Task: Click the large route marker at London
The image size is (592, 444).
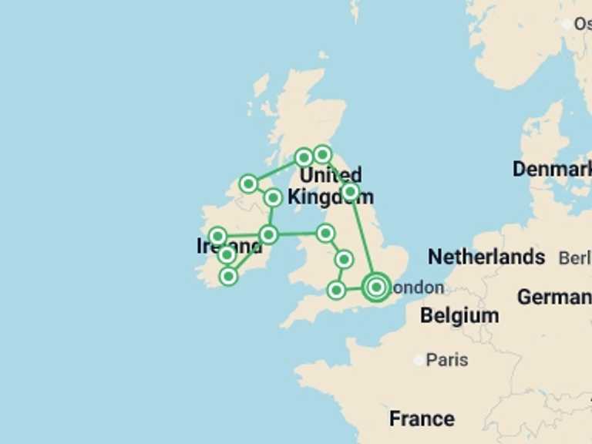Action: coord(376,287)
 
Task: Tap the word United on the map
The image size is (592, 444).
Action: coord(330,176)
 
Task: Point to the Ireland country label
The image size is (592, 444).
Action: coord(229,247)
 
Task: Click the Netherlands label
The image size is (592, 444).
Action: coord(486,257)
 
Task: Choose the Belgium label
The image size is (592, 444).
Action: coord(459,315)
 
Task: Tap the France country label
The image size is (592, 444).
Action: coord(422,419)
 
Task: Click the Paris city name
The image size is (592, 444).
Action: coord(447,360)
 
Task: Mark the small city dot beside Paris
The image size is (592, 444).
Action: coord(419,360)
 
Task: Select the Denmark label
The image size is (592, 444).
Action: coord(552,169)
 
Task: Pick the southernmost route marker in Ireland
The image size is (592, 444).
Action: coord(228,276)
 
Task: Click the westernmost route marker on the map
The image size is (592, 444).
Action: coord(217,236)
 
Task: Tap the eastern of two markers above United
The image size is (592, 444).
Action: coord(322,154)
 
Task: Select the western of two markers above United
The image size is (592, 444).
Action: coord(304,157)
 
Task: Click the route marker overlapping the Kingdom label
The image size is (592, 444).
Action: coord(350,191)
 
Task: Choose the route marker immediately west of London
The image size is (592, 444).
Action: coord(336,290)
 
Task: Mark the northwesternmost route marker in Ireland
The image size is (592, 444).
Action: coord(248,183)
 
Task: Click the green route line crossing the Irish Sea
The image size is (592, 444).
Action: coord(297,233)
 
